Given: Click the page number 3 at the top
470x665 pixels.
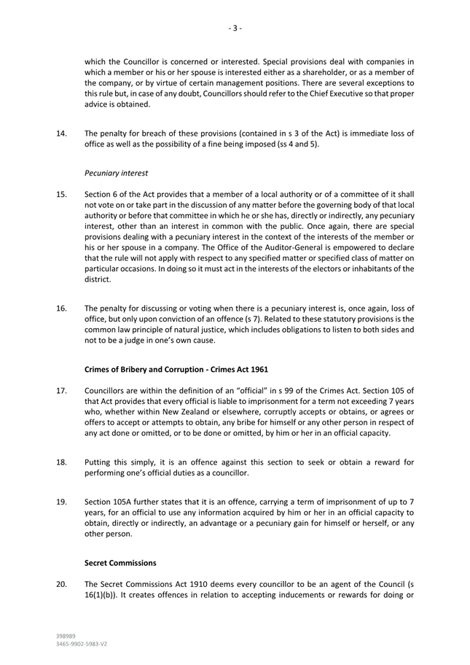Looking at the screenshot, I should (x=235, y=28).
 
